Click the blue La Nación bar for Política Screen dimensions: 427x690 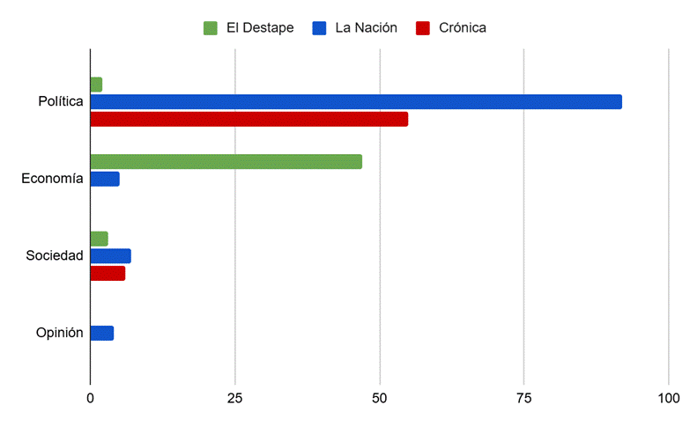click(x=356, y=102)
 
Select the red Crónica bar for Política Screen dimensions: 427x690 click(x=249, y=119)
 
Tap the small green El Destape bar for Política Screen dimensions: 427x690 click(x=96, y=85)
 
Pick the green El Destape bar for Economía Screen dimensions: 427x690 click(x=226, y=162)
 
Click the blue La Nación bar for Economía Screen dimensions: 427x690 click(x=105, y=179)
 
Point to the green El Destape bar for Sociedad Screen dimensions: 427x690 click(x=100, y=239)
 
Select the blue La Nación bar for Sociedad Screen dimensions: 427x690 click(x=111, y=256)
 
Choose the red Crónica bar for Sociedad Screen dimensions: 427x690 click(x=108, y=273)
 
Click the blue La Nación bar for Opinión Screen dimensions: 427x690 click(x=102, y=333)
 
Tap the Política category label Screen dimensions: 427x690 click(x=60, y=102)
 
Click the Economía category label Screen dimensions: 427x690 click(x=52, y=179)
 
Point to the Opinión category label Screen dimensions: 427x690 click(x=59, y=333)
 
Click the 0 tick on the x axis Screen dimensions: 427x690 click(x=91, y=399)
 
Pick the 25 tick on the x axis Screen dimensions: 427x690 click(x=235, y=399)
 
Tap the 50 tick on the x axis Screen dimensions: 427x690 click(x=380, y=399)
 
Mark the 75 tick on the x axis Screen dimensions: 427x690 click(x=524, y=399)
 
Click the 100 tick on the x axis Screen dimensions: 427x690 click(x=668, y=399)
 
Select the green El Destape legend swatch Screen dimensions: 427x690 click(x=211, y=28)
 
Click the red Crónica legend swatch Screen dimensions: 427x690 click(x=423, y=28)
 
